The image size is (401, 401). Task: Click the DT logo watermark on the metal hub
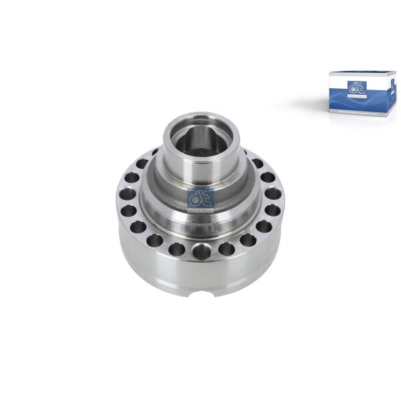click(x=200, y=198)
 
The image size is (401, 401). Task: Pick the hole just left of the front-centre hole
click(x=177, y=249)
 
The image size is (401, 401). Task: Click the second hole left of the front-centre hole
click(x=155, y=242)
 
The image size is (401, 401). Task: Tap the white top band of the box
click(x=358, y=76)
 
